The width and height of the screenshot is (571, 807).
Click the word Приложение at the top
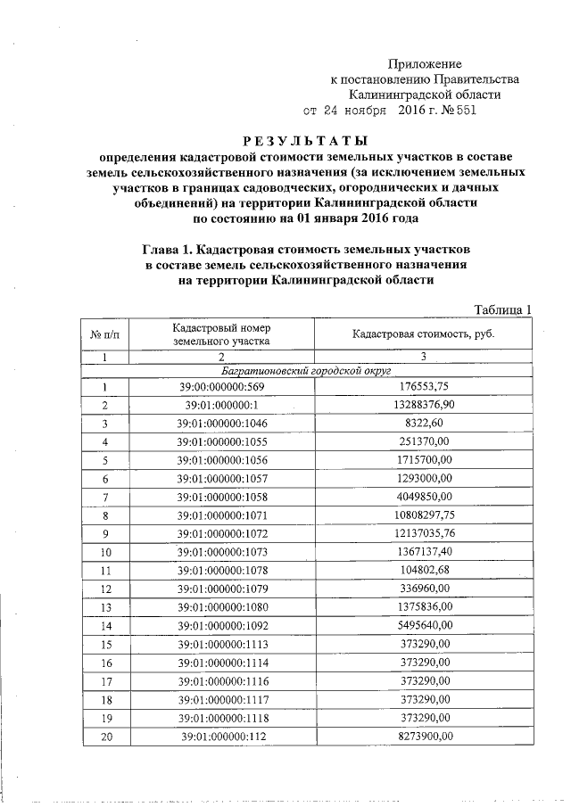[426, 63]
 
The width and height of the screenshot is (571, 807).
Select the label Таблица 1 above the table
[503, 309]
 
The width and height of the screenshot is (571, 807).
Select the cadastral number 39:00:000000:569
[221, 387]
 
